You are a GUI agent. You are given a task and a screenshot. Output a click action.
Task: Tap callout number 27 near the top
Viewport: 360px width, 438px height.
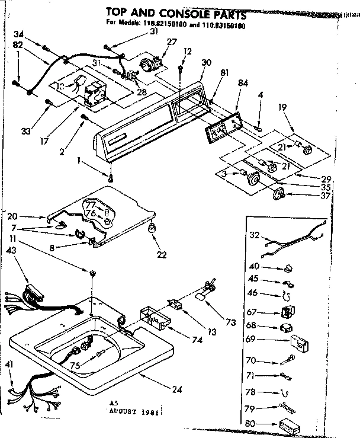tap(172, 41)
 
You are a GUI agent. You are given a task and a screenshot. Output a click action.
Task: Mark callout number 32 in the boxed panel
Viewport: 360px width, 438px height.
tap(254, 235)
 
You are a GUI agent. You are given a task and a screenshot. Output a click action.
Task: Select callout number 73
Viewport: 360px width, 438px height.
tap(230, 322)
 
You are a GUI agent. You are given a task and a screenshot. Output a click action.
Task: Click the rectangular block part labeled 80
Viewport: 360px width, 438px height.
tap(290, 424)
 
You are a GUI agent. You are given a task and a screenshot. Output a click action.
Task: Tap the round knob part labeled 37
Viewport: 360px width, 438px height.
tap(279, 193)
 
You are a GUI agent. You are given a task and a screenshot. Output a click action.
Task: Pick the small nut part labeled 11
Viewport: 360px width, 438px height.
tap(93, 273)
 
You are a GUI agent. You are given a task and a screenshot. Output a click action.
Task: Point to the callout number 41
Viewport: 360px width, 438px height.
tap(8, 364)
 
